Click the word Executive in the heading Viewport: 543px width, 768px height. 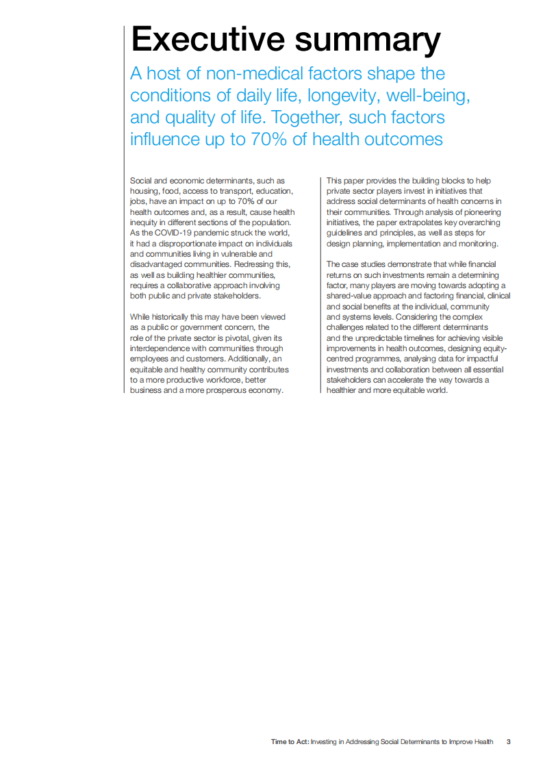click(x=206, y=39)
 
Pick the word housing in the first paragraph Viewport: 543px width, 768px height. click(x=144, y=191)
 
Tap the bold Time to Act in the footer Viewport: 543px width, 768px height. click(x=289, y=741)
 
